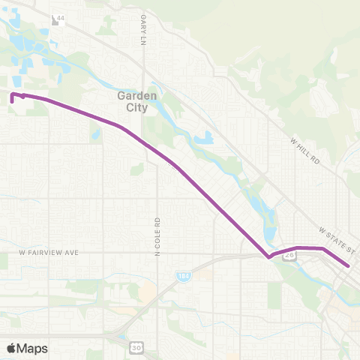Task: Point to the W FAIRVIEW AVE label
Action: [49, 253]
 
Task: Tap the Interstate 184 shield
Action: [184, 277]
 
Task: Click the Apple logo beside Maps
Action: [12, 347]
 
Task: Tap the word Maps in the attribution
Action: [32, 348]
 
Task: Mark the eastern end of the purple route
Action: [349, 265]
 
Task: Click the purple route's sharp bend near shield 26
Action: [268, 257]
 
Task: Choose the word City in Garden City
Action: [136, 107]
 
